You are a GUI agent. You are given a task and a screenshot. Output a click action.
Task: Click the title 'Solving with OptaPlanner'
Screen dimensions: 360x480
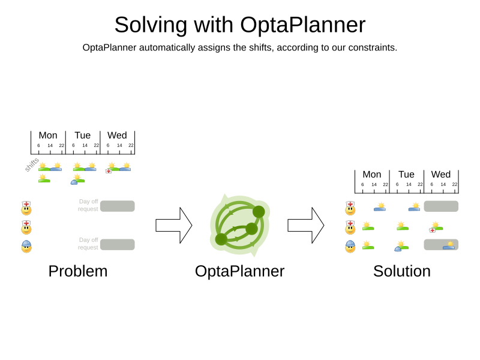pos(239,25)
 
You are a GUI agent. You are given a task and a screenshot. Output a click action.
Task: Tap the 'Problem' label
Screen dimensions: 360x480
pos(78,271)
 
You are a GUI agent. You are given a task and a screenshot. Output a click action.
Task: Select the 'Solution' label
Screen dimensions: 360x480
pos(401,271)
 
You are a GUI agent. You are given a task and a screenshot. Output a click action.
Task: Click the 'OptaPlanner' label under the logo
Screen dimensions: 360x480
pos(239,271)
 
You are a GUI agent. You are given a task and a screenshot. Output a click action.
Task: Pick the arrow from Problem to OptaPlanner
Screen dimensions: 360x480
pos(173,225)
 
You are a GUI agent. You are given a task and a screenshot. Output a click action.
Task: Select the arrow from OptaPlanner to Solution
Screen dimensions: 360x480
pos(305,225)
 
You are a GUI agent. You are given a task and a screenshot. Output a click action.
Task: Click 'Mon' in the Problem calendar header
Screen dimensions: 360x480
pos(48,136)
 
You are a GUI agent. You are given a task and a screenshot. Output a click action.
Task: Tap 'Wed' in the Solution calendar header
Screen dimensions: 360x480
pos(441,175)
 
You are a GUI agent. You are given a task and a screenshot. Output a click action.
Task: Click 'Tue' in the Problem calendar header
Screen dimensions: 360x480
pos(83,136)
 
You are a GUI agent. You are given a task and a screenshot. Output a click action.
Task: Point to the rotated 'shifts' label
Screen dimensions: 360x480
pos(32,164)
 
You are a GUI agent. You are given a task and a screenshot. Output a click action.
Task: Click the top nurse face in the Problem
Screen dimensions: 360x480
pos(26,208)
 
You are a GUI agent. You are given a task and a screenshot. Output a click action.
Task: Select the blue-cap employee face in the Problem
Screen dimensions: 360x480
pos(26,246)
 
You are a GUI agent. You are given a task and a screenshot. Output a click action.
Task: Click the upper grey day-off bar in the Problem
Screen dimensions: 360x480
pos(118,206)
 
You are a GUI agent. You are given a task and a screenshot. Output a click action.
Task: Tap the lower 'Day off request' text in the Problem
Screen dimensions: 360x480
pos(88,244)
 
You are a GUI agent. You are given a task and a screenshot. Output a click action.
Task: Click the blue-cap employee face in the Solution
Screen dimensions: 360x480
pos(350,247)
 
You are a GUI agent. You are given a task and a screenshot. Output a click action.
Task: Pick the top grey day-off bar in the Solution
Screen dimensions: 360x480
pos(441,206)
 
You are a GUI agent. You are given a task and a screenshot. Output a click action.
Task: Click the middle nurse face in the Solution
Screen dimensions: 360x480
pos(350,227)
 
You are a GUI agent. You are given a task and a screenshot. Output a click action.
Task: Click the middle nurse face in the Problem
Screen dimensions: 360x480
pos(26,227)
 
